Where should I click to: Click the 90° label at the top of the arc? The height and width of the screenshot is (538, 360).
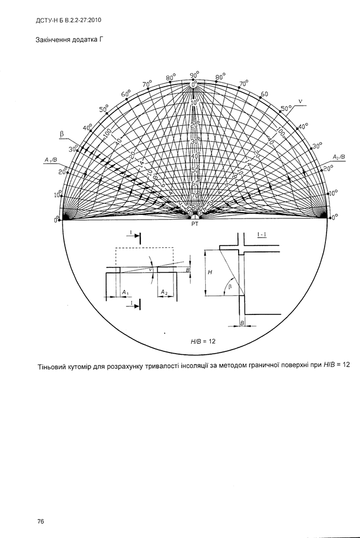[195, 75]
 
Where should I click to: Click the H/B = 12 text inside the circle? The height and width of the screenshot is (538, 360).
[203, 341]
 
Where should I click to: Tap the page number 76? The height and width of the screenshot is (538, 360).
[41, 521]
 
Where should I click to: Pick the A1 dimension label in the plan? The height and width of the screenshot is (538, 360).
[125, 292]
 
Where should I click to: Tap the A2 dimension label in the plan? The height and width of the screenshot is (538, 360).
[164, 292]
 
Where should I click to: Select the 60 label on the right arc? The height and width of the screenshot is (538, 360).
[265, 94]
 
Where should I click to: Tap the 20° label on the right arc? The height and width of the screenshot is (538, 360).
[328, 169]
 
